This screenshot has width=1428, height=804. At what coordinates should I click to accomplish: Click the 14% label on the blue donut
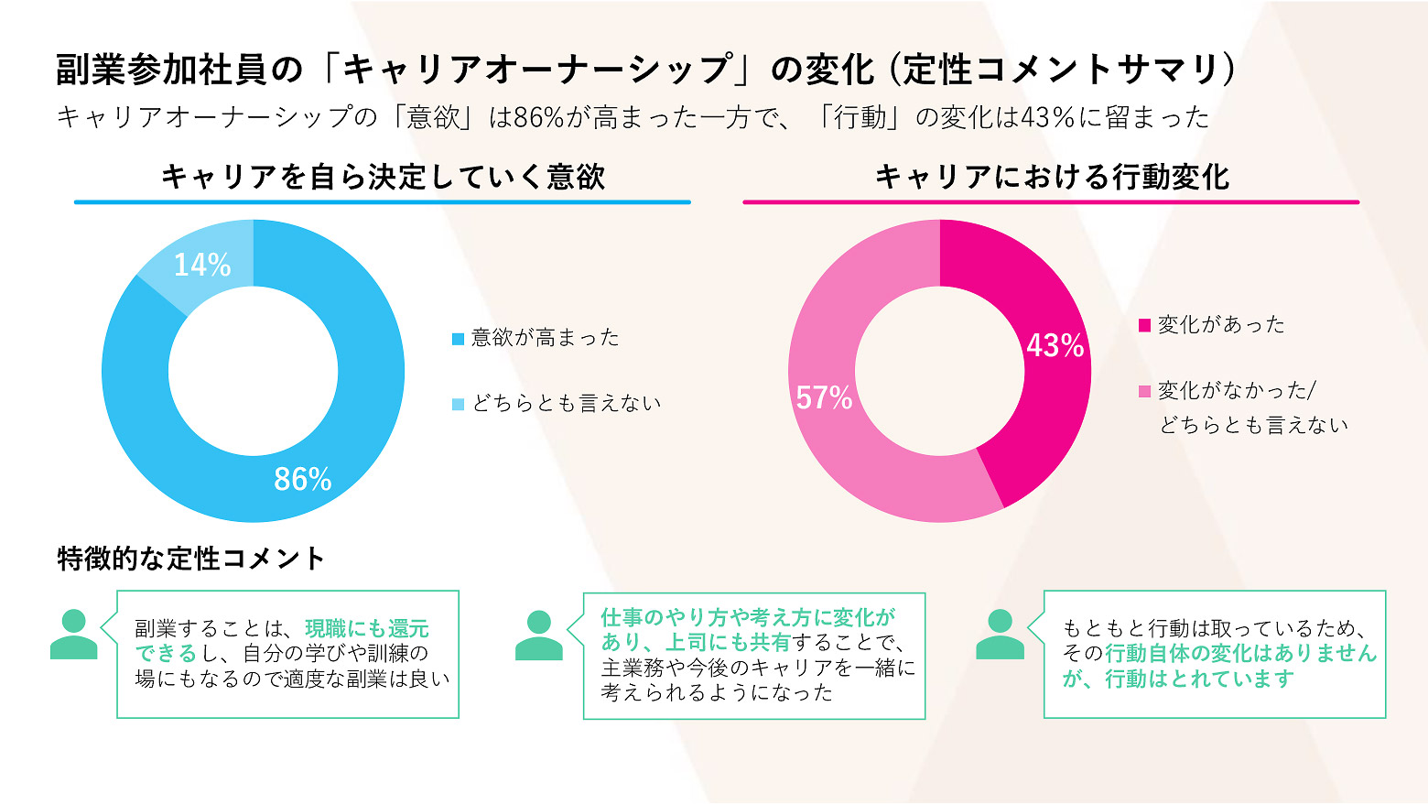[x=202, y=265]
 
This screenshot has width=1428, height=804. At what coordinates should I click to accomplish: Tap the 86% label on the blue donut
[x=303, y=479]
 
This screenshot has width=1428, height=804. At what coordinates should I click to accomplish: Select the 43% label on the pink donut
[x=1055, y=345]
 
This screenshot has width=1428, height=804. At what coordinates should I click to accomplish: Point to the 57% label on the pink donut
[x=824, y=397]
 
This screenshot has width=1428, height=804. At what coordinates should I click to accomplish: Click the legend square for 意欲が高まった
[x=459, y=339]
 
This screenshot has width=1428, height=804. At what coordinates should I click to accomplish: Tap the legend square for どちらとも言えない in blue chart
[x=459, y=404]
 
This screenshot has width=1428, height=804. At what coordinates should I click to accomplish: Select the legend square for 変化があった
[x=1144, y=325]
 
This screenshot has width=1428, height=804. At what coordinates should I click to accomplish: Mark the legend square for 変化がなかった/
[x=1144, y=392]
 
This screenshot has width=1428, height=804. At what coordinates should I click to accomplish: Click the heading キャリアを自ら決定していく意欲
[x=383, y=176]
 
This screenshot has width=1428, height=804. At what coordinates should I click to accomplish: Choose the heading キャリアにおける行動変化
[x=1052, y=176]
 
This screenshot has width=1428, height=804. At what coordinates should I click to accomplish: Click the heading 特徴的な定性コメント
[x=191, y=558]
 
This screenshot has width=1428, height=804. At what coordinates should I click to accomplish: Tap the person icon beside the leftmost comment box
[x=73, y=634]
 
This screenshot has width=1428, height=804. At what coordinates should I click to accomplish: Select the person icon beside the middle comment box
[x=539, y=635]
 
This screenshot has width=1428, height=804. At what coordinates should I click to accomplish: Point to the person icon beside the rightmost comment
[x=1000, y=634]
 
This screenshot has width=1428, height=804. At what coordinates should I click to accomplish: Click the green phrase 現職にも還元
[x=367, y=628]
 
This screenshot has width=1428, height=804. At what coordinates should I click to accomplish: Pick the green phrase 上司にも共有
[x=728, y=642]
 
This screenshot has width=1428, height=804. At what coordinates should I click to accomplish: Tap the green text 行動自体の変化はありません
[x=1240, y=653]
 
